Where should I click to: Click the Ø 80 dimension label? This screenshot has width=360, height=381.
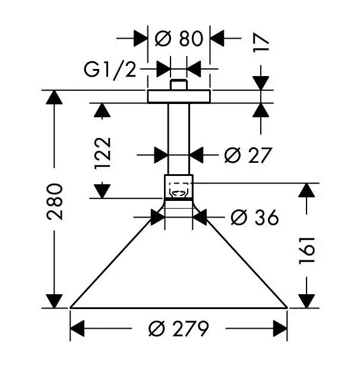(179, 39)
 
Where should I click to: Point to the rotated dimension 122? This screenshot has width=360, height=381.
(102, 153)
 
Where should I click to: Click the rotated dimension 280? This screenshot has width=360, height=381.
(55, 202)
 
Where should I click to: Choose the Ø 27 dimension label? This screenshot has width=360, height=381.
(248, 155)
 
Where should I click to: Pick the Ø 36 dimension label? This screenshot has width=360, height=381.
(254, 218)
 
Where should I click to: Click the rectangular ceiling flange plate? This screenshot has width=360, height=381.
(179, 96)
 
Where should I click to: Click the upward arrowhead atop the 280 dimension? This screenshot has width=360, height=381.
(55, 97)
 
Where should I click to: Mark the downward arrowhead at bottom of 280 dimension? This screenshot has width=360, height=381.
(55, 301)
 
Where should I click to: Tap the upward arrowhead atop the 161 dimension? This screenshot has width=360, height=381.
(307, 191)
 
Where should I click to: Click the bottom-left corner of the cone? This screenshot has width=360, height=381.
(71, 308)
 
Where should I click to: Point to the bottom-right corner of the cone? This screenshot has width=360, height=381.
(288, 308)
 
